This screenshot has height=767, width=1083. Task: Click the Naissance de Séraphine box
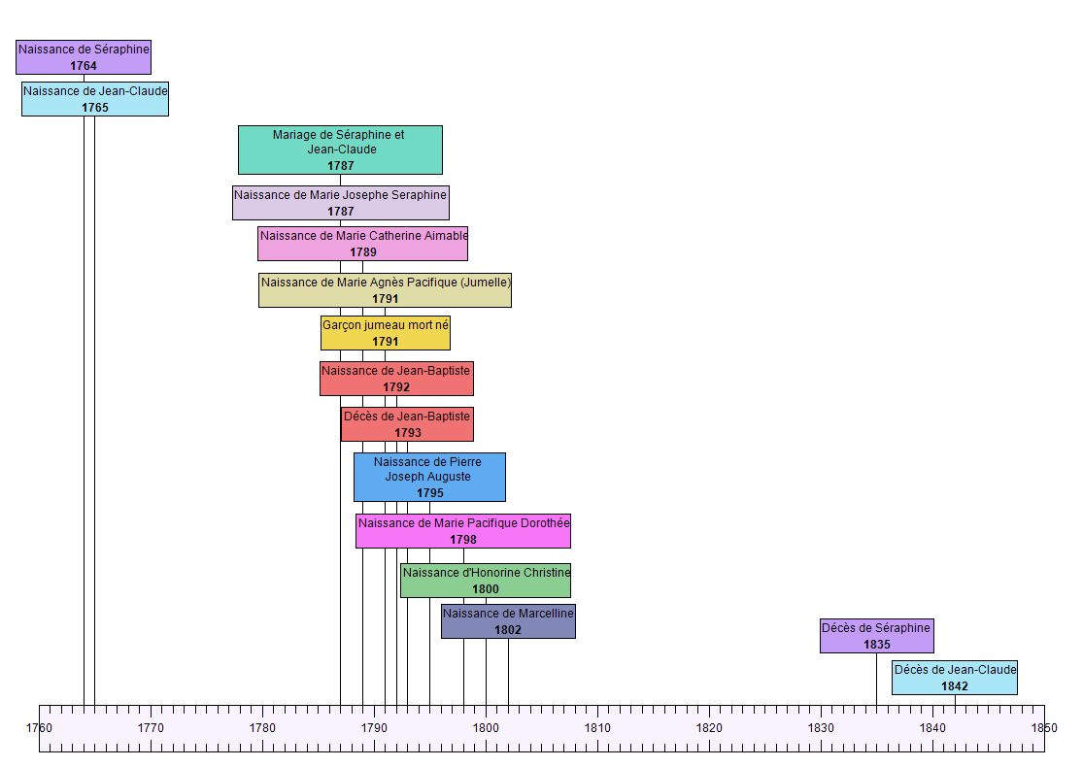(x=84, y=56)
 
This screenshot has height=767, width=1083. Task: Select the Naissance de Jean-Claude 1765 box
(x=95, y=99)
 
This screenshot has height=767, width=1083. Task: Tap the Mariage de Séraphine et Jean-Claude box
(x=340, y=150)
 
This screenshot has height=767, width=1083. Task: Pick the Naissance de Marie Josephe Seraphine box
(x=340, y=203)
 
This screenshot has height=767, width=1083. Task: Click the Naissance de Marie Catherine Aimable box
(x=362, y=244)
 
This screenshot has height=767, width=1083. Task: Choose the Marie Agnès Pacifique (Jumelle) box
(x=385, y=290)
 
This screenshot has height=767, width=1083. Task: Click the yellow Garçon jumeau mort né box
(x=386, y=333)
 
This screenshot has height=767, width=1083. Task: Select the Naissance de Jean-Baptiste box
(x=396, y=379)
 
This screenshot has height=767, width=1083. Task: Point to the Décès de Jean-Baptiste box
(x=407, y=424)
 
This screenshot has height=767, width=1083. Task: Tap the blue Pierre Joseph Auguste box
(x=429, y=477)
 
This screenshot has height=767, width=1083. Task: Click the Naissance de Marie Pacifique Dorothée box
(x=463, y=531)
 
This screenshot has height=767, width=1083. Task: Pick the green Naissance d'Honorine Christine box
(x=486, y=581)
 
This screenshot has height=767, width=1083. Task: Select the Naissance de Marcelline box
(x=508, y=621)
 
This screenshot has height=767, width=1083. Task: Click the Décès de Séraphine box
(x=876, y=636)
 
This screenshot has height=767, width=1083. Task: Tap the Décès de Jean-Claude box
(x=955, y=678)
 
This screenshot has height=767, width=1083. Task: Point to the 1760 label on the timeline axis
(x=39, y=727)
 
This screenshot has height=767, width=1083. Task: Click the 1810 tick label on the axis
(x=597, y=727)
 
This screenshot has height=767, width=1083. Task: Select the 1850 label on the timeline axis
(x=1044, y=727)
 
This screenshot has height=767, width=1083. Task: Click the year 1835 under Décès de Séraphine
(x=876, y=645)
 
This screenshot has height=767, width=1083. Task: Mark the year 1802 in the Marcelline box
(x=508, y=630)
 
